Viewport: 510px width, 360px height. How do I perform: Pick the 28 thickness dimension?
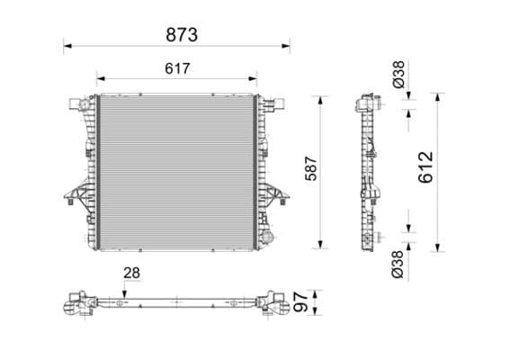[x=132, y=272]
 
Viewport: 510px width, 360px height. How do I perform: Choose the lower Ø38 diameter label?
[x=398, y=263]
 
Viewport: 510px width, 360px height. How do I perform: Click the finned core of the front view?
[x=176, y=171]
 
